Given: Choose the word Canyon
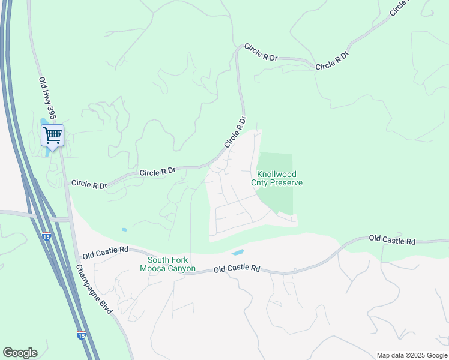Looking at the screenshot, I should point(182,269).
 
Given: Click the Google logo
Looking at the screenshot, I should point(20,353).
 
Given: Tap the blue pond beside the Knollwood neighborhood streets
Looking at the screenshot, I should point(238,253).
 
